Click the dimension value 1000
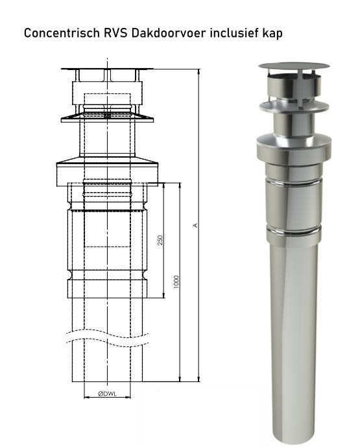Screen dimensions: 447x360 click(176, 281)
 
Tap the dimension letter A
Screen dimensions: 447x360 click(196, 225)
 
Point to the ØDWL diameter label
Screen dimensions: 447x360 click(108, 393)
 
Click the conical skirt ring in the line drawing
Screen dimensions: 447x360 click(108, 117)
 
